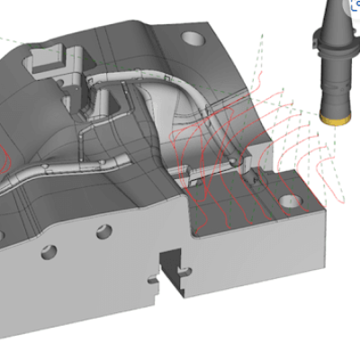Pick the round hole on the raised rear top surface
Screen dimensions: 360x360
(193, 39)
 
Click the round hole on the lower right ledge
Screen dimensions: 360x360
(287, 200)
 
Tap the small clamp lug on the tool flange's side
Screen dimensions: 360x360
(314, 42)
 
